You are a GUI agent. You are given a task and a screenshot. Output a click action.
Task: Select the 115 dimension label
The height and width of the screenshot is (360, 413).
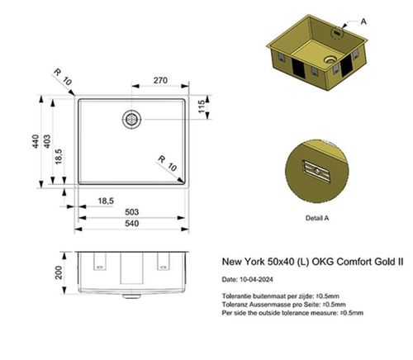pyautogui.click(x=201, y=108)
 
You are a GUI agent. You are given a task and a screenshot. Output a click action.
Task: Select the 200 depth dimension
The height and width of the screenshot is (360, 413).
pyautogui.click(x=59, y=272)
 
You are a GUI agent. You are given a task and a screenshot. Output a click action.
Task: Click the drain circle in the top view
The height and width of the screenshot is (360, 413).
pyautogui.click(x=131, y=118)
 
